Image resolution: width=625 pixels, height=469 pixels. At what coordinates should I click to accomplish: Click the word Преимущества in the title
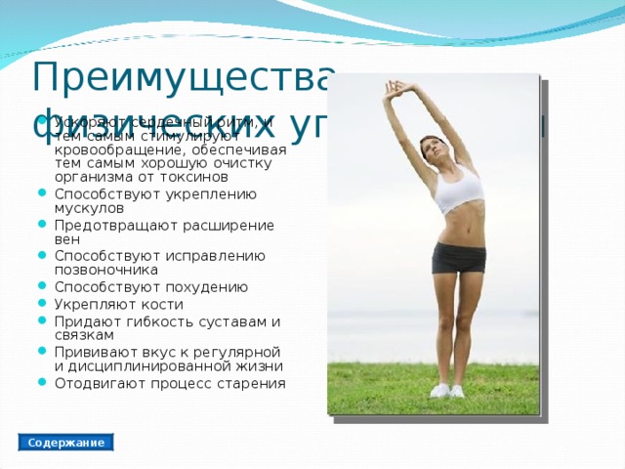click(185, 75)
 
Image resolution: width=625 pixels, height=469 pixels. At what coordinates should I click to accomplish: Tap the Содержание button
click(66, 443)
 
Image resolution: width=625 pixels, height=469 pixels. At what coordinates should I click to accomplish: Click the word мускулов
click(89, 208)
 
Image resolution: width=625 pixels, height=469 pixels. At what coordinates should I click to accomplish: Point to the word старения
click(252, 383)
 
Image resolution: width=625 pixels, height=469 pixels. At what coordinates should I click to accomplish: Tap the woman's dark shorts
click(458, 258)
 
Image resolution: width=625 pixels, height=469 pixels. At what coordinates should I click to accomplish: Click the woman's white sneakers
click(447, 390)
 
